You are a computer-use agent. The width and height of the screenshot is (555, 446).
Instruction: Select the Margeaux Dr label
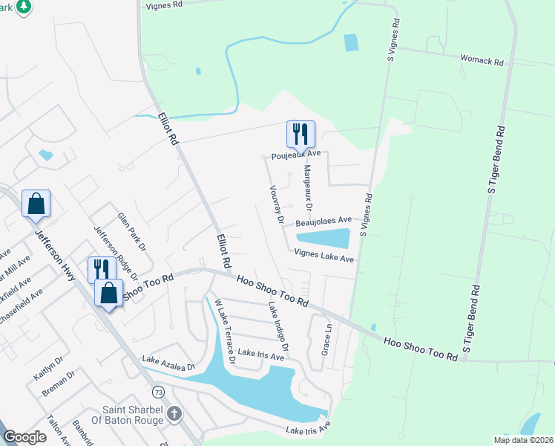click(306, 187)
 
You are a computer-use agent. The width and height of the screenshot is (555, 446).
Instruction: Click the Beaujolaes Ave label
click(323, 221)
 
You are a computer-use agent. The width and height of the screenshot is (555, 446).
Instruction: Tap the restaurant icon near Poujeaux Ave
click(301, 135)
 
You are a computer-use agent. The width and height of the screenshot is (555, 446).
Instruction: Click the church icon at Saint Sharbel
click(174, 413)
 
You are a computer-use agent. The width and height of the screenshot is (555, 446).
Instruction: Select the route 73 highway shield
click(157, 391)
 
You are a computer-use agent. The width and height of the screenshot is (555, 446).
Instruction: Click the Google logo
click(24, 437)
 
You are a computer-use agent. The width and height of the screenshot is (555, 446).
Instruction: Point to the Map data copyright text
click(522, 439)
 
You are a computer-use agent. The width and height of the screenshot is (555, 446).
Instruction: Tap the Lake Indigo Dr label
click(278, 329)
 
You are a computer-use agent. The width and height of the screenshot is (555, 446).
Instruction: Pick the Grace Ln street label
click(325, 338)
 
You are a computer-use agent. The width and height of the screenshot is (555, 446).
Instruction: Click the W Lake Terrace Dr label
click(225, 331)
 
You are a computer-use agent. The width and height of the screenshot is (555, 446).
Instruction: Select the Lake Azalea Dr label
click(168, 363)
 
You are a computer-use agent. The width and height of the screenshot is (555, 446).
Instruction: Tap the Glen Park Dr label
click(131, 232)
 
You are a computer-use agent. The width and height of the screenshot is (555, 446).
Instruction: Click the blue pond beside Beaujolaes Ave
click(324, 239)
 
